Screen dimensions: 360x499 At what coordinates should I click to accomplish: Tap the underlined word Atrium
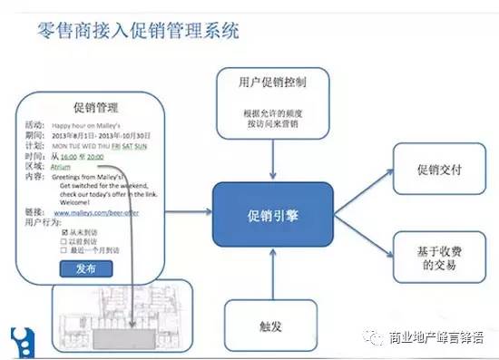click(x=62, y=167)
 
